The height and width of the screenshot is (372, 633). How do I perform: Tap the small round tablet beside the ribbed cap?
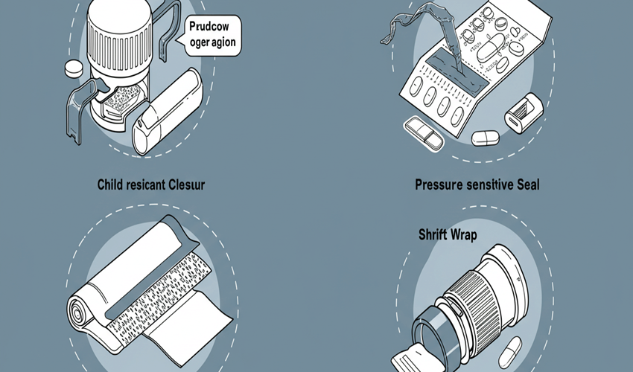(x=72, y=68)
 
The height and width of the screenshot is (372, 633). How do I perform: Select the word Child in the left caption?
(x=111, y=184)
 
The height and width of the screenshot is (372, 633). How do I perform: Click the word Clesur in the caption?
(x=186, y=184)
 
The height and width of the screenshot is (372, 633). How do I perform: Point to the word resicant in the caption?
(x=146, y=184)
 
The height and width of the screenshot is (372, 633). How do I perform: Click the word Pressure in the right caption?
(x=440, y=184)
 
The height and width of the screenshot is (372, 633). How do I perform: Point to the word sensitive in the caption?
(x=489, y=184)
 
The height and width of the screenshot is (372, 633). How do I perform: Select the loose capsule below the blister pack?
(x=487, y=137)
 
